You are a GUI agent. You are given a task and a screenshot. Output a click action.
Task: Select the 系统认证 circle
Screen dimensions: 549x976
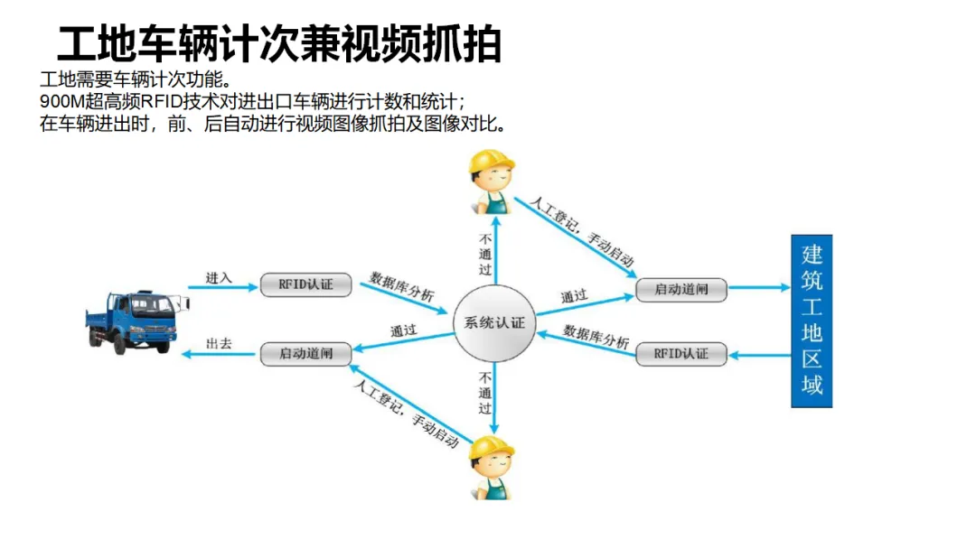coord(494,323)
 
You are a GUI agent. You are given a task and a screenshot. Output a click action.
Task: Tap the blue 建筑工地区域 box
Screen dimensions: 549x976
coord(811,321)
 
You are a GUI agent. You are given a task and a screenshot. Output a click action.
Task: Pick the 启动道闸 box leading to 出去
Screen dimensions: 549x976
coord(305,354)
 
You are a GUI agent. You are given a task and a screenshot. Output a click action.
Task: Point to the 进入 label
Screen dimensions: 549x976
coord(219,278)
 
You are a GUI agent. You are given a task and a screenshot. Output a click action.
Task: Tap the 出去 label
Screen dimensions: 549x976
coord(219,344)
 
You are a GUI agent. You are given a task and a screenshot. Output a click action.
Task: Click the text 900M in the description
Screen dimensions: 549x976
coord(61,101)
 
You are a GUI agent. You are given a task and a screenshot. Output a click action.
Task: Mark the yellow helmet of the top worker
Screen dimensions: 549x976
coord(492,163)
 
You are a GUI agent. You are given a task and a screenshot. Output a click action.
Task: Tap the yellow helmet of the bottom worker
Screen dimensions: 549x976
coord(492,447)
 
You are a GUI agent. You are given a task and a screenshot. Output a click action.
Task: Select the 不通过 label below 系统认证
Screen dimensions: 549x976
coord(485,393)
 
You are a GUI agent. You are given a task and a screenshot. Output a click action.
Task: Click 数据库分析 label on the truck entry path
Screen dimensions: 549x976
coord(401,286)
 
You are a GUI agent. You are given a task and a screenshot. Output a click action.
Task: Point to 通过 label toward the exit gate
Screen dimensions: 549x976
coord(403,331)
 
